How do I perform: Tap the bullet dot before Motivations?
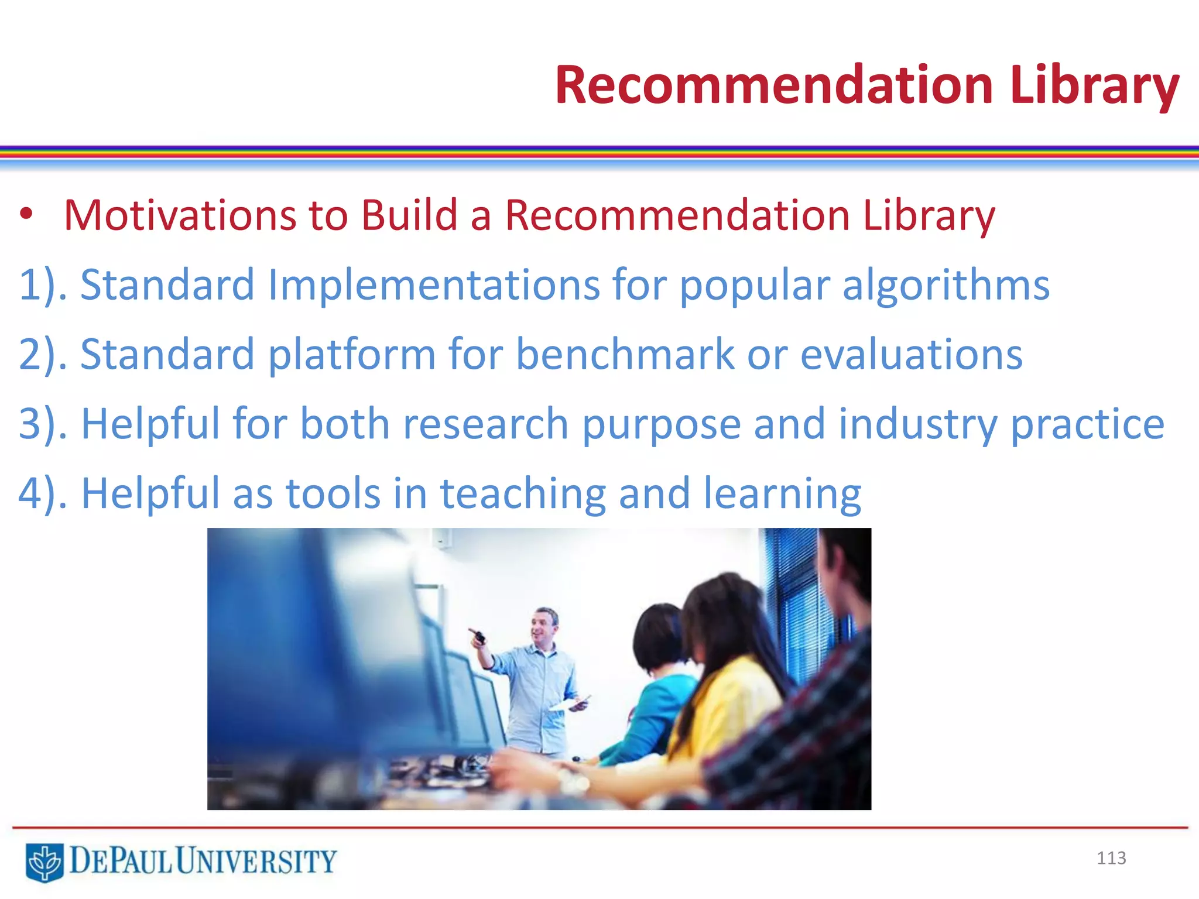(26, 214)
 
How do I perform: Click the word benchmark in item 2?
(625, 355)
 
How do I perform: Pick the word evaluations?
(911, 355)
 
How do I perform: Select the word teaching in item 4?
(523, 493)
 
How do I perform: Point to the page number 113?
(1111, 858)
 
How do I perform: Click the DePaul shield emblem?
(44, 862)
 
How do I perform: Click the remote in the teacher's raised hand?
(478, 637)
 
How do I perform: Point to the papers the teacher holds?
(571, 703)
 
